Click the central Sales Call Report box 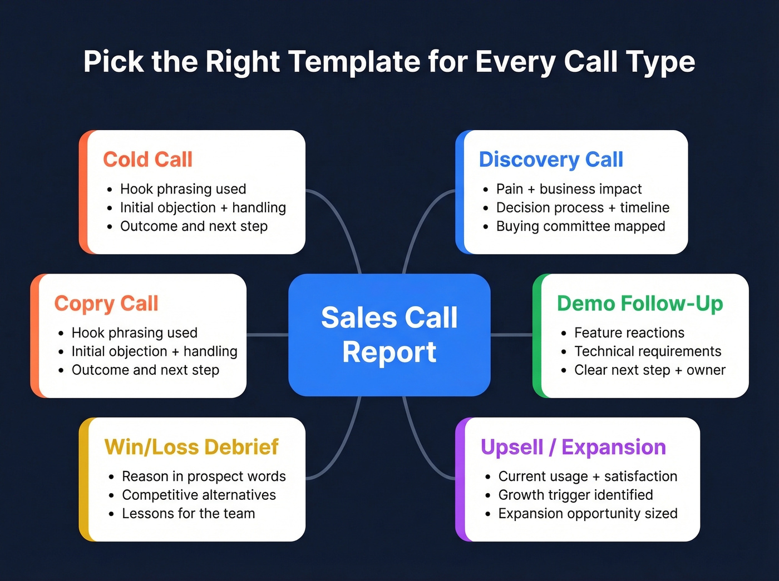coord(389,335)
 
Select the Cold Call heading coord(147,160)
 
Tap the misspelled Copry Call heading coord(106,304)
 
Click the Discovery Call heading coord(550,160)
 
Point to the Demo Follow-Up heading coord(640,304)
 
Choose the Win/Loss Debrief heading coord(191,447)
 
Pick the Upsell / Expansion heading coord(573,447)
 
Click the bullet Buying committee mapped coord(580,226)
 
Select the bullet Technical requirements coord(648,351)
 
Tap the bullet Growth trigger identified coord(575,495)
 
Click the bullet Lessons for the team coord(188,514)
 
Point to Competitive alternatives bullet coord(199,495)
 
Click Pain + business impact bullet coord(569,189)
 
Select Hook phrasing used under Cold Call coord(183,189)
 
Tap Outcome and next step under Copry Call coord(145,370)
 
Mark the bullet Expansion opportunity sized coord(588,514)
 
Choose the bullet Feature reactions coord(629,332)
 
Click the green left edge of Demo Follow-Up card coord(536,336)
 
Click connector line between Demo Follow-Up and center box coord(511,335)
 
